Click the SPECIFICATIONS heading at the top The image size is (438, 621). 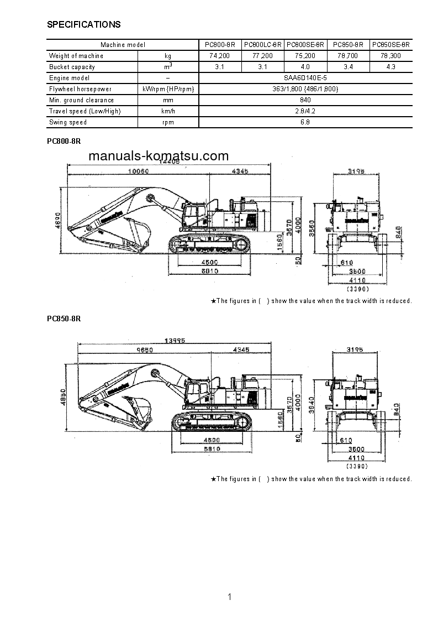point(83,24)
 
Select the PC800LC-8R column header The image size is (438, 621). point(263,45)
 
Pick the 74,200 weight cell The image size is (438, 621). point(220,56)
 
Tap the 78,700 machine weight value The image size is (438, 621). point(349,56)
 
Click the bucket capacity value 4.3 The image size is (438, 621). point(392,67)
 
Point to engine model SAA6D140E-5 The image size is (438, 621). point(305,78)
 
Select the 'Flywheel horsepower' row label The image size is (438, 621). point(80,89)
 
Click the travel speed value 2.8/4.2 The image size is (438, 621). point(305,111)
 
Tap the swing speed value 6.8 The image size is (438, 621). point(305,122)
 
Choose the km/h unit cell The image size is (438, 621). point(168,111)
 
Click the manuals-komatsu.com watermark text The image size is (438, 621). point(159,156)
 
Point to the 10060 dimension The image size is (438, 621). point(138,171)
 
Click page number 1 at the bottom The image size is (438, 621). point(229,597)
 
